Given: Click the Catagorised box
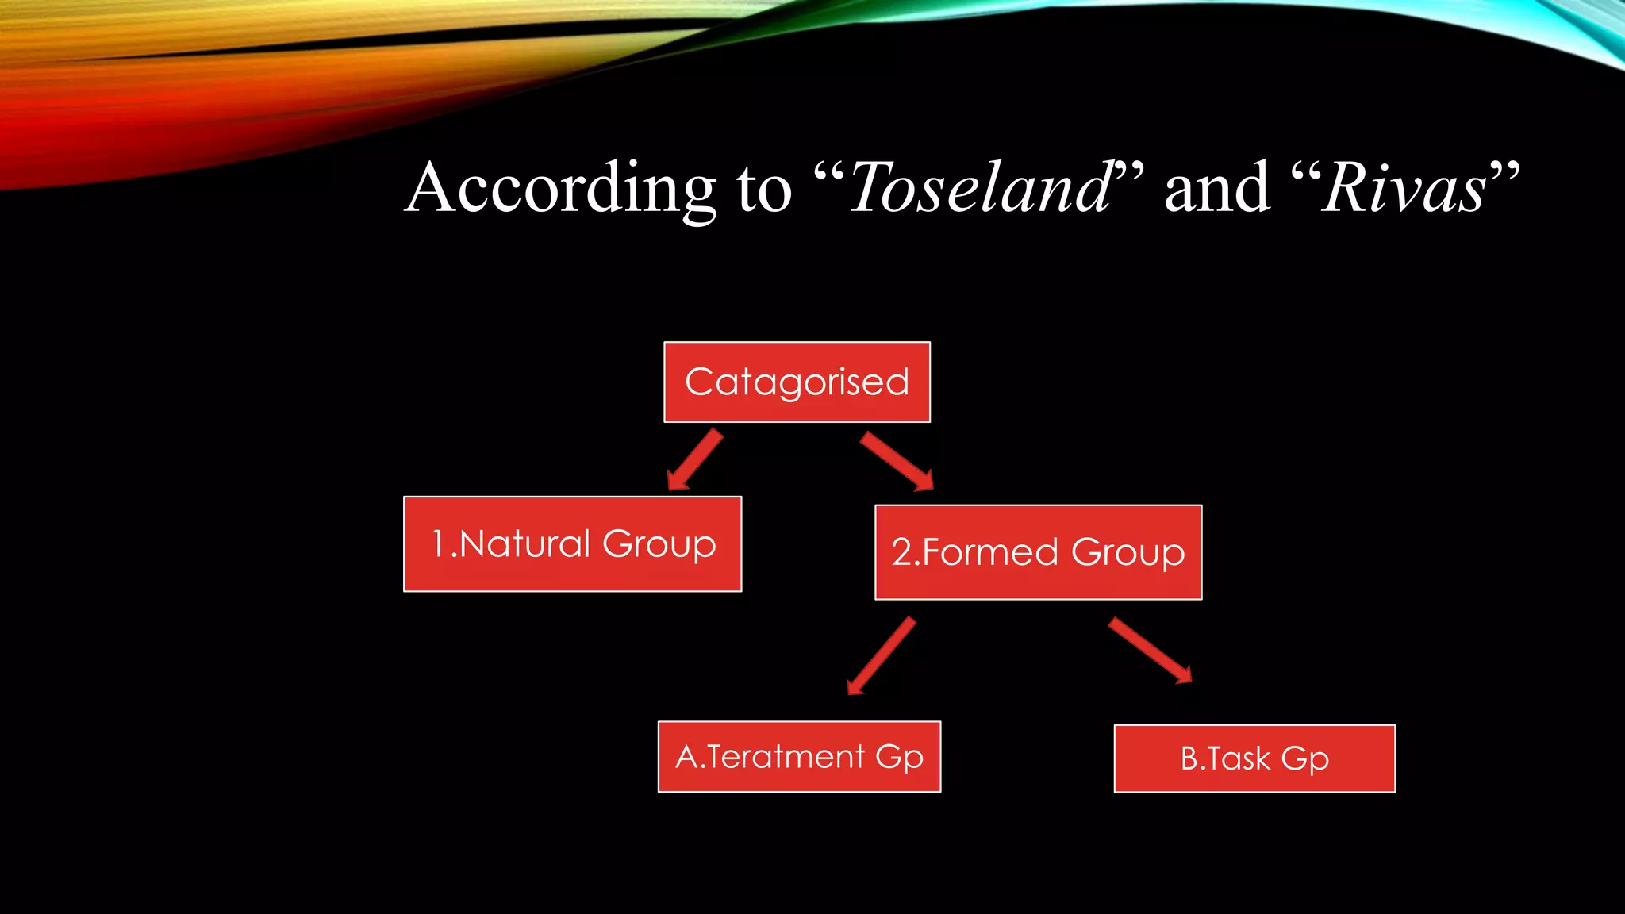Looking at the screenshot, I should coord(797,382).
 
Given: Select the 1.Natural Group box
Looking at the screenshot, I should coord(572,544).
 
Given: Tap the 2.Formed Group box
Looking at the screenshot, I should coord(1038,552).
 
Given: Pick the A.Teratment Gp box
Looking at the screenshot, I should coord(799,756).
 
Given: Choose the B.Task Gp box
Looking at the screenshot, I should coord(1254,758).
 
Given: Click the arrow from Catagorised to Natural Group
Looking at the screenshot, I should coord(695,460).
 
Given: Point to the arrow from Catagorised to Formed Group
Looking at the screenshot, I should coord(897,461).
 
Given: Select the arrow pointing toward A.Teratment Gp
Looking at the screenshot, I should coord(882,656).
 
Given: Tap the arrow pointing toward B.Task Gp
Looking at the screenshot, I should coord(1151,651).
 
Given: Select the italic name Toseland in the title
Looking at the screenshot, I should coord(980,189).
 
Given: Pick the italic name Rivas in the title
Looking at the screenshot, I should coord(1404,189).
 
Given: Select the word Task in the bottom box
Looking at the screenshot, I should coord(1238,759).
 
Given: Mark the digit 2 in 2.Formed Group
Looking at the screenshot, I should coord(902,552).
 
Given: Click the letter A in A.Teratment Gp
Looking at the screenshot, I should coord(687,757).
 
